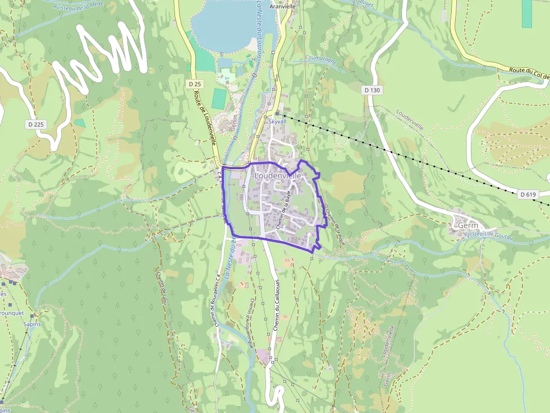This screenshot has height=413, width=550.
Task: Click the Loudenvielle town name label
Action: click(x=278, y=175)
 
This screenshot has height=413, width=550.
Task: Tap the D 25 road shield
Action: click(x=195, y=84)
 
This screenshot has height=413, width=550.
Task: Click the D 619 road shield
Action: click(x=528, y=194)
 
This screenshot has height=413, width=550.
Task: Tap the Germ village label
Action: click(x=468, y=225)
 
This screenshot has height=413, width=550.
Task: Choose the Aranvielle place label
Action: click(x=282, y=7)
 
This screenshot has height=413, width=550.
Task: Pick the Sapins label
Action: click(x=32, y=324)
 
